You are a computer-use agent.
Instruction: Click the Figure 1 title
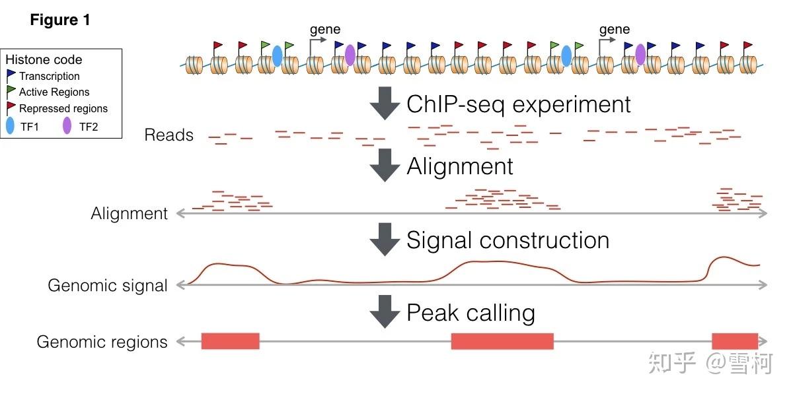[x=60, y=20]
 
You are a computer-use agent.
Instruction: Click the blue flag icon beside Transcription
[x=11, y=76]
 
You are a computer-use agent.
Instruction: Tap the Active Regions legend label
[x=54, y=92]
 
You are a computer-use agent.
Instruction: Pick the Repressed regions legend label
[x=63, y=109]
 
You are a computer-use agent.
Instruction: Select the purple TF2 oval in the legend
[x=67, y=126]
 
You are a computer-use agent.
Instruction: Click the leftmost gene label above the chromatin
[x=325, y=29]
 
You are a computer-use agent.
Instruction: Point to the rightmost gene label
[x=614, y=29]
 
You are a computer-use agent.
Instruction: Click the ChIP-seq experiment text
[x=519, y=104]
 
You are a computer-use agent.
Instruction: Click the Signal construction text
[x=508, y=240]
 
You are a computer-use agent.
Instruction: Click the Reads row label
[x=169, y=135]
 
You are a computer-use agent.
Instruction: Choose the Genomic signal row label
[x=108, y=286]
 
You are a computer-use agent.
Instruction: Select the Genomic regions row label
[x=102, y=342]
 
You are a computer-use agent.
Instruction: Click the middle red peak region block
[x=502, y=341]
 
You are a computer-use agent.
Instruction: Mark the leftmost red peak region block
[x=230, y=341]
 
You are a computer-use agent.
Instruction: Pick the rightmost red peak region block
[x=735, y=341]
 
